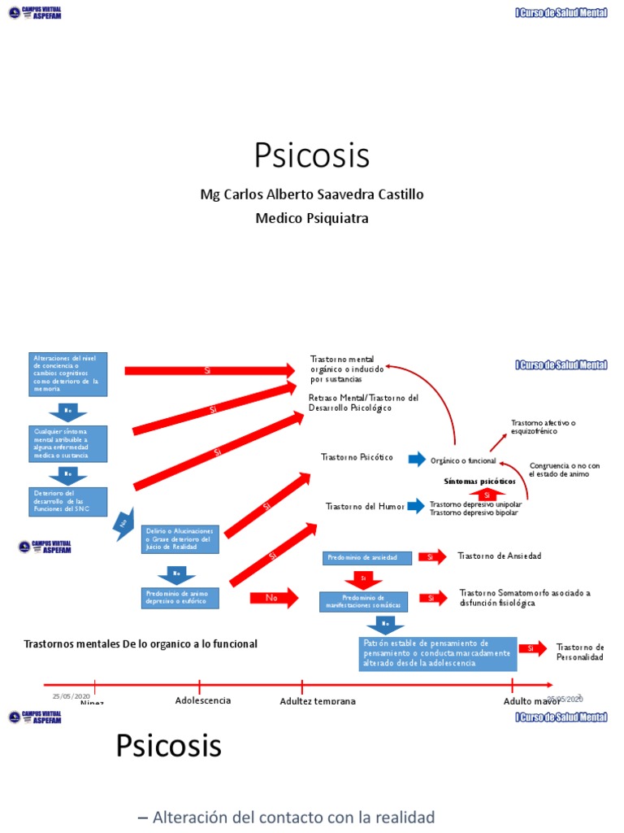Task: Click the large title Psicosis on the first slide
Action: point(311,155)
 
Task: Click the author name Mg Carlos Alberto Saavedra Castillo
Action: point(311,195)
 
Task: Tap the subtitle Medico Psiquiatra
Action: point(311,218)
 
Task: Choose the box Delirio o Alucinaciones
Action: point(180,539)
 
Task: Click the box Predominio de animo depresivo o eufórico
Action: point(180,598)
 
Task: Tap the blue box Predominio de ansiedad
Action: point(363,557)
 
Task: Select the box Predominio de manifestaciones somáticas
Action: point(363,602)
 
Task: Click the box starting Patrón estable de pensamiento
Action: point(436,653)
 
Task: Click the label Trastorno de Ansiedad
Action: point(499,556)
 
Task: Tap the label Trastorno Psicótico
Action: point(357,457)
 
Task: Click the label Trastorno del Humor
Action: point(364,506)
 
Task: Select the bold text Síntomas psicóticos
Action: point(479,481)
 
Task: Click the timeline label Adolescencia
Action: point(202,700)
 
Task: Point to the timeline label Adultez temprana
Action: point(317,701)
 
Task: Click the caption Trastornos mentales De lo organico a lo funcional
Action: point(141,643)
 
